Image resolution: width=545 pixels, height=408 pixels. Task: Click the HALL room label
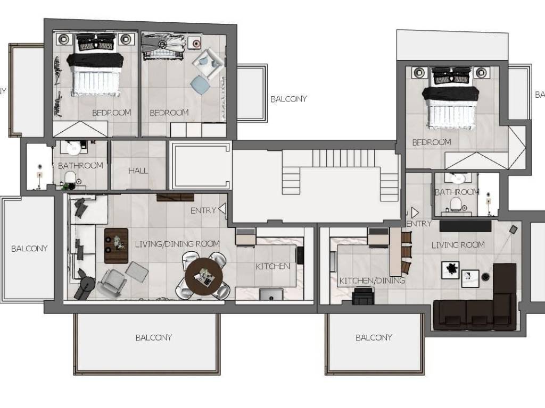point(138,171)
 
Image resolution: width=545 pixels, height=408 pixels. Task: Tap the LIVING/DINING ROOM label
point(177,244)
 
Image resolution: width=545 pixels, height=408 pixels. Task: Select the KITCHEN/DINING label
point(372,280)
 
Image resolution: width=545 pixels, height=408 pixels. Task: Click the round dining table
point(204,276)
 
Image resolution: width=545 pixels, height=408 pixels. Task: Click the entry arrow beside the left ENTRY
point(222,209)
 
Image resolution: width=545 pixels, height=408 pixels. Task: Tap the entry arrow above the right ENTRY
point(415,212)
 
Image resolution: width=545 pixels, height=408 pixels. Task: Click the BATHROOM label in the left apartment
point(81,166)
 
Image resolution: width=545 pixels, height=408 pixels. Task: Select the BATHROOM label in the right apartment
point(457,192)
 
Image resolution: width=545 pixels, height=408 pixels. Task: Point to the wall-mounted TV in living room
point(465,226)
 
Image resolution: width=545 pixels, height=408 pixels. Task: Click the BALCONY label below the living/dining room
point(154,337)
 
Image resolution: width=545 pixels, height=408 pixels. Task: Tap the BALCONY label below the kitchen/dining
point(374,337)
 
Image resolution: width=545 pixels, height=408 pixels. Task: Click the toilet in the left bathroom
point(70,177)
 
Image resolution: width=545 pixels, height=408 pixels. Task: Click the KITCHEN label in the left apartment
point(273,267)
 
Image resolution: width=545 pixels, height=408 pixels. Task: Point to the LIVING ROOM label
point(458,245)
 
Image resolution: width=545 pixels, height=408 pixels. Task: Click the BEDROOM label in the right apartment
point(432,142)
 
